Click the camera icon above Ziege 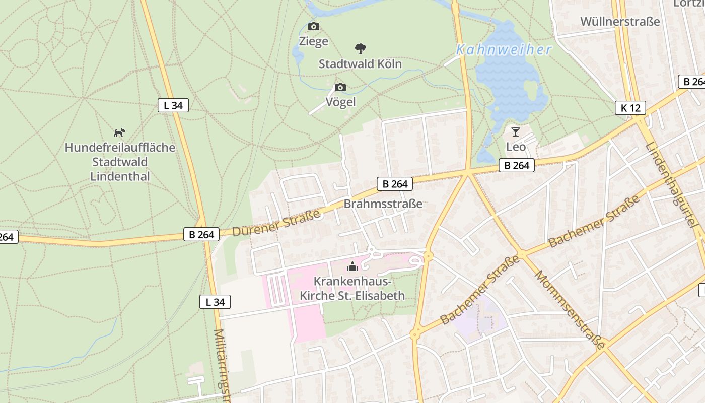[x=313, y=27]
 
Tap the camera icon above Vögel [x=340, y=88]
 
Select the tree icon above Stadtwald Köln [x=360, y=49]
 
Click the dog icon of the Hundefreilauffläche [x=119, y=133]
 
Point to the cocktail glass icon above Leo [x=515, y=132]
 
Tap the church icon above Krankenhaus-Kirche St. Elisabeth [x=352, y=266]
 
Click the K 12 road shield [x=630, y=108]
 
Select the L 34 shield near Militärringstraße [x=215, y=302]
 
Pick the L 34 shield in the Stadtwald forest [x=173, y=105]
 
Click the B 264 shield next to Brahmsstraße [x=395, y=184]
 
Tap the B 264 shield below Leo [x=517, y=165]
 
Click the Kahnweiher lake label [x=504, y=50]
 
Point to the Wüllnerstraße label [x=620, y=22]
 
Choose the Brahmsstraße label [x=383, y=204]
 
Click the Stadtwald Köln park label [x=360, y=64]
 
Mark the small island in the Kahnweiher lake [x=531, y=91]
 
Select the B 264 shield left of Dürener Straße [x=201, y=234]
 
